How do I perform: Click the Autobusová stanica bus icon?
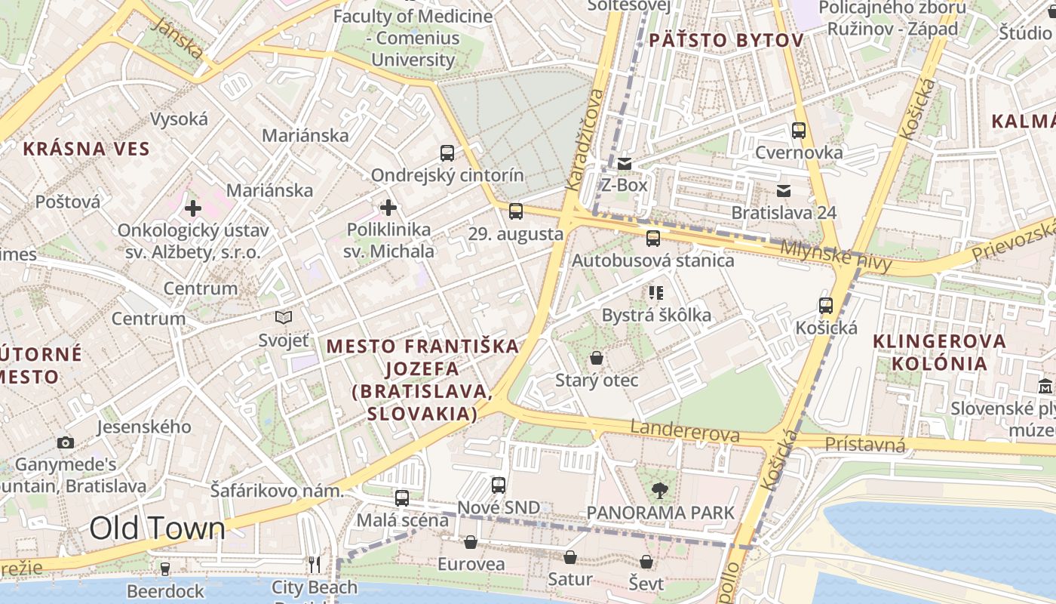pos(653,239)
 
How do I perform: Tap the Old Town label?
pos(157,529)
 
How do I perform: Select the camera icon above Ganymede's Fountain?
pos(66,442)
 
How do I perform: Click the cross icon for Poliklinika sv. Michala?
pos(388,207)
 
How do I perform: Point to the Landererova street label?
pos(685,432)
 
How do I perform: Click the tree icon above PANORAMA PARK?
pos(660,491)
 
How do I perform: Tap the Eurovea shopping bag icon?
pos(471,542)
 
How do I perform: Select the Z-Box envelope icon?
pos(625,163)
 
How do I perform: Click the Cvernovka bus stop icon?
pos(799,130)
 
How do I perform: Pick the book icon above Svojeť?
pos(284,318)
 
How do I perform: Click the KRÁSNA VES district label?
pos(87,148)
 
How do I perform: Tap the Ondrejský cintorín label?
pos(447,175)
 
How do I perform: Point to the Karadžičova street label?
pos(585,140)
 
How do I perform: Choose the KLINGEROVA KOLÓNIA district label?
pos(939,352)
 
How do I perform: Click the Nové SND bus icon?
pos(499,485)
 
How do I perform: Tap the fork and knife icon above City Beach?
pos(315,564)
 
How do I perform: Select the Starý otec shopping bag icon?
pos(597,358)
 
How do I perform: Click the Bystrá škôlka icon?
pos(656,292)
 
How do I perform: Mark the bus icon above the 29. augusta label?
pos(516,211)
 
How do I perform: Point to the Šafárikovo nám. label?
pos(277,491)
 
